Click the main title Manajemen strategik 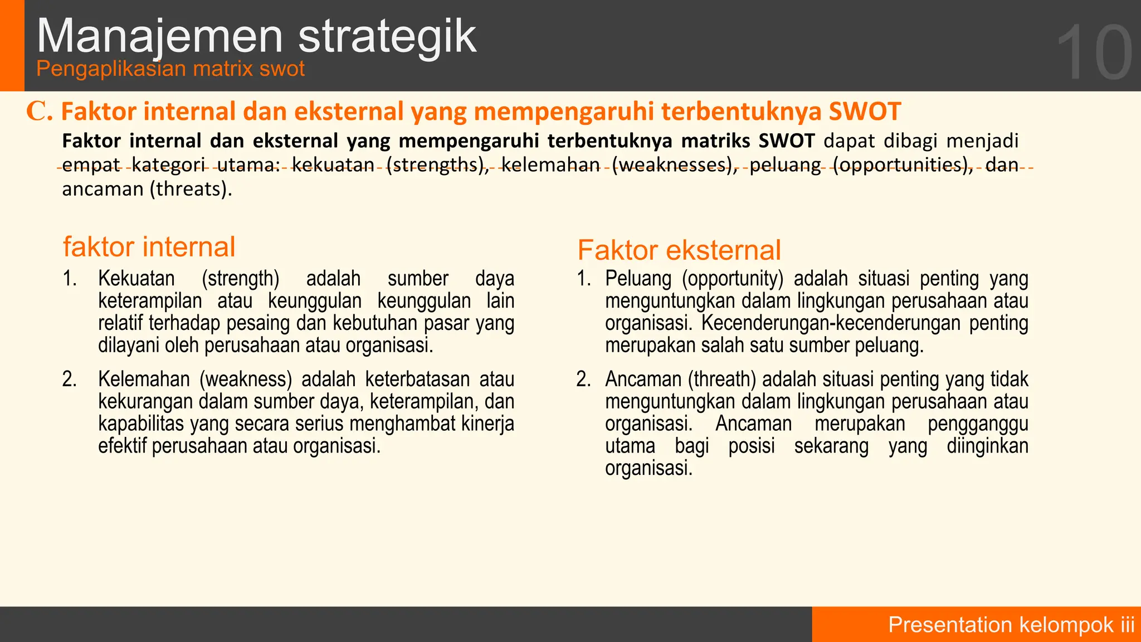(x=256, y=36)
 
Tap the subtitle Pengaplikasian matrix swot (x=170, y=69)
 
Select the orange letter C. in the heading (x=39, y=111)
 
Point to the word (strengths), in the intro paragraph (x=437, y=165)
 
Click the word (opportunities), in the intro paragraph (x=903, y=165)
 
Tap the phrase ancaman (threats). (x=147, y=189)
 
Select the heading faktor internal (x=149, y=247)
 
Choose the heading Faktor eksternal (x=679, y=250)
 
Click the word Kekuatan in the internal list (x=136, y=278)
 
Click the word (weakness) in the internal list (x=246, y=379)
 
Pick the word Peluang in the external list (x=638, y=278)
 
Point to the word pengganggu (x=978, y=424)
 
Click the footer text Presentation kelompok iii (x=1011, y=625)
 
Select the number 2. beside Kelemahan (x=69, y=379)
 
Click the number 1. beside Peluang (x=583, y=278)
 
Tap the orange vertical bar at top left (x=12, y=45)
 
